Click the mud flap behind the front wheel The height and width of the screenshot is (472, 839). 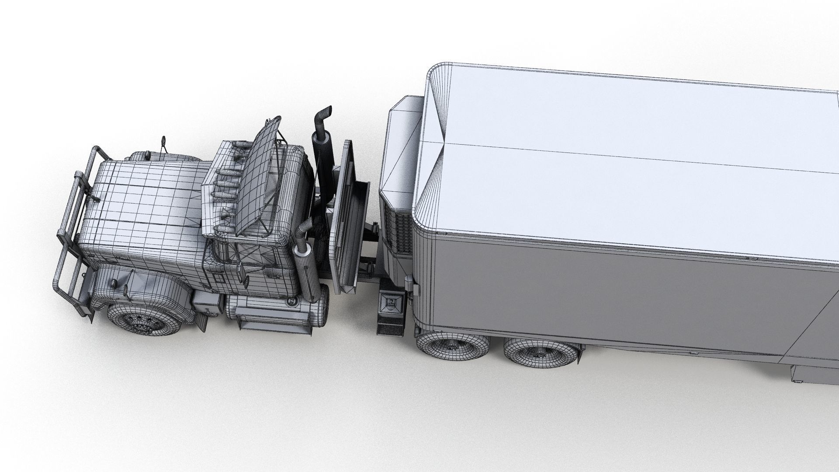tap(202, 321)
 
